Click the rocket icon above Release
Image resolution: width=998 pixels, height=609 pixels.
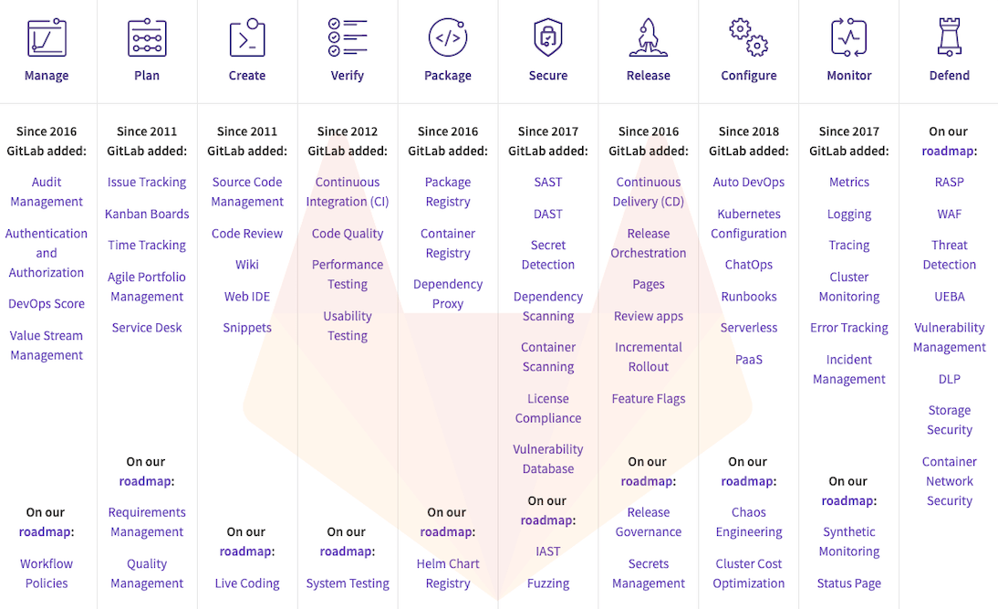(x=649, y=37)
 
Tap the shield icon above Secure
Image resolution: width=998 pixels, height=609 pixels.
(x=548, y=37)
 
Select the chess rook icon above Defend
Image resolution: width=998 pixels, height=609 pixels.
(x=950, y=37)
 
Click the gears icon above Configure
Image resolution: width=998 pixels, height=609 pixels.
(x=749, y=37)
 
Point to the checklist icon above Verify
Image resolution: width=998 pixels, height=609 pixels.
(x=348, y=37)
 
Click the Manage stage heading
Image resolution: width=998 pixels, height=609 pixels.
(x=47, y=76)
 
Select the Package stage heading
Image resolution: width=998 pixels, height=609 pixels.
(x=448, y=76)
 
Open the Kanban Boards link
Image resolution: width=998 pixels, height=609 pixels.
(x=147, y=214)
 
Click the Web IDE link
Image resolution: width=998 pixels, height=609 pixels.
(x=247, y=297)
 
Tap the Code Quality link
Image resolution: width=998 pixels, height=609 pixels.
(x=348, y=234)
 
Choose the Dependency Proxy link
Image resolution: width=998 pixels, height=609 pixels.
(x=448, y=294)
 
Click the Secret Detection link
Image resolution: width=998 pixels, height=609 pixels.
(x=548, y=255)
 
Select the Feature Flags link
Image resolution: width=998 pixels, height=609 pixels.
(x=649, y=399)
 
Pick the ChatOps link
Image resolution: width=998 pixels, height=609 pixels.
(x=749, y=265)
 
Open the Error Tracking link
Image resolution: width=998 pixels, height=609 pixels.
(x=849, y=328)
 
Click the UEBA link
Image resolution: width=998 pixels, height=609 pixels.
(x=950, y=297)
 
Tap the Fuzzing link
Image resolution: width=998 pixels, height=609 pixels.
(x=548, y=583)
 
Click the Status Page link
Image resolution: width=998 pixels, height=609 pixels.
(x=849, y=583)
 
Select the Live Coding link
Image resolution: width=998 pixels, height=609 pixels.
(x=247, y=583)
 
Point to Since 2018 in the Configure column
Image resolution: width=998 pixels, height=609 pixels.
(x=749, y=131)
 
